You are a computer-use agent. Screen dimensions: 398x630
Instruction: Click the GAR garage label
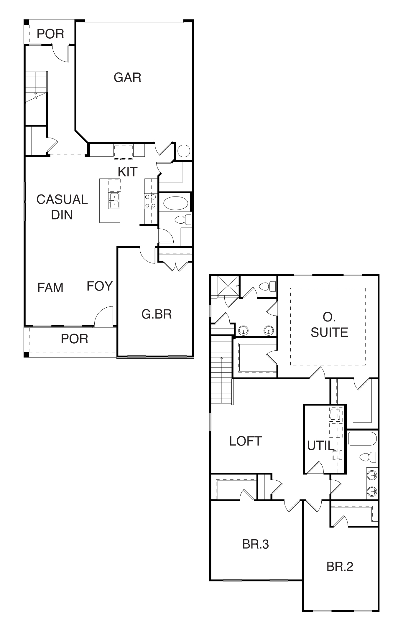pyautogui.click(x=127, y=77)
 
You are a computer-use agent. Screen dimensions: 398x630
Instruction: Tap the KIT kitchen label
pyautogui.click(x=128, y=172)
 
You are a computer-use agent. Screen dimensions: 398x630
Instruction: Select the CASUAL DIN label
pyautogui.click(x=62, y=207)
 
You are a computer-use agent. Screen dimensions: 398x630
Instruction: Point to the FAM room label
pyautogui.click(x=50, y=288)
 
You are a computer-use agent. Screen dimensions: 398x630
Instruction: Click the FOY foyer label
pyautogui.click(x=100, y=286)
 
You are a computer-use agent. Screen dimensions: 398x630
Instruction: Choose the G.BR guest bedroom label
pyautogui.click(x=157, y=314)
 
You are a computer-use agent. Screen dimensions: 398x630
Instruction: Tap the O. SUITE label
pyautogui.click(x=329, y=325)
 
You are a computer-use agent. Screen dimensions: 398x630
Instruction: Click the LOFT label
pyautogui.click(x=246, y=441)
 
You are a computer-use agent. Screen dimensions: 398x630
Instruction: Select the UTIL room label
pyautogui.click(x=321, y=446)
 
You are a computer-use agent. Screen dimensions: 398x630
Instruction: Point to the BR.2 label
pyautogui.click(x=340, y=567)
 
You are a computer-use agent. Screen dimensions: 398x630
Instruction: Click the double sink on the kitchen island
pyautogui.click(x=114, y=200)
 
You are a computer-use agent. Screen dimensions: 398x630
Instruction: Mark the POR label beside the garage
pyautogui.click(x=50, y=34)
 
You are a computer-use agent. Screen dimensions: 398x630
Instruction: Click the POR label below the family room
pyautogui.click(x=75, y=339)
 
